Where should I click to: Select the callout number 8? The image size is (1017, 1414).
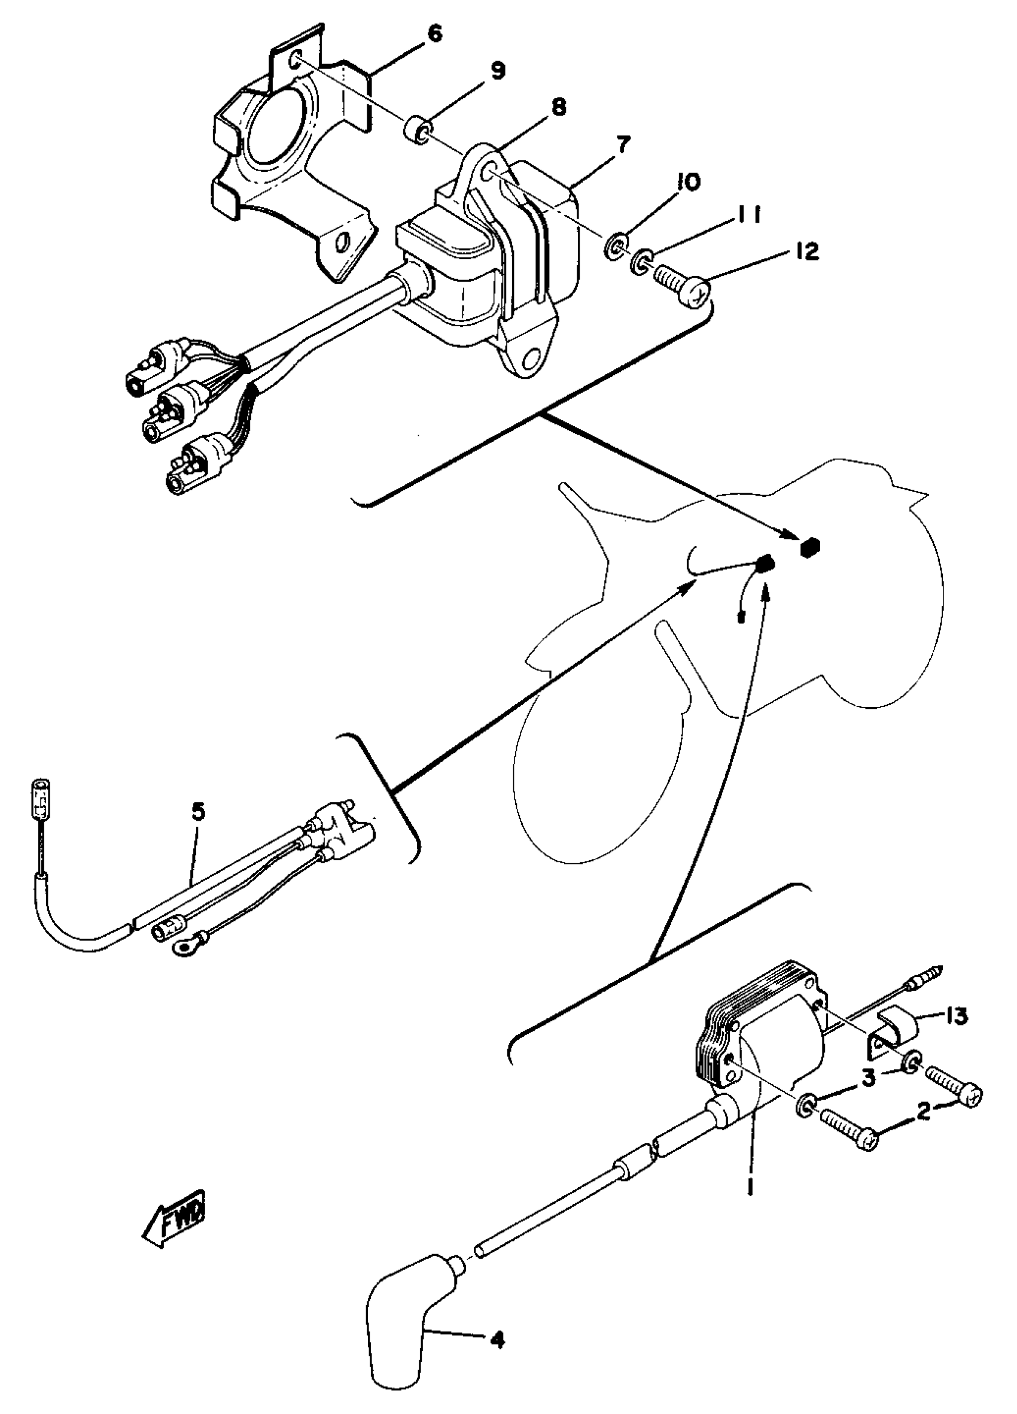[558, 107]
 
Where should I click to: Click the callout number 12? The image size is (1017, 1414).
[807, 252]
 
